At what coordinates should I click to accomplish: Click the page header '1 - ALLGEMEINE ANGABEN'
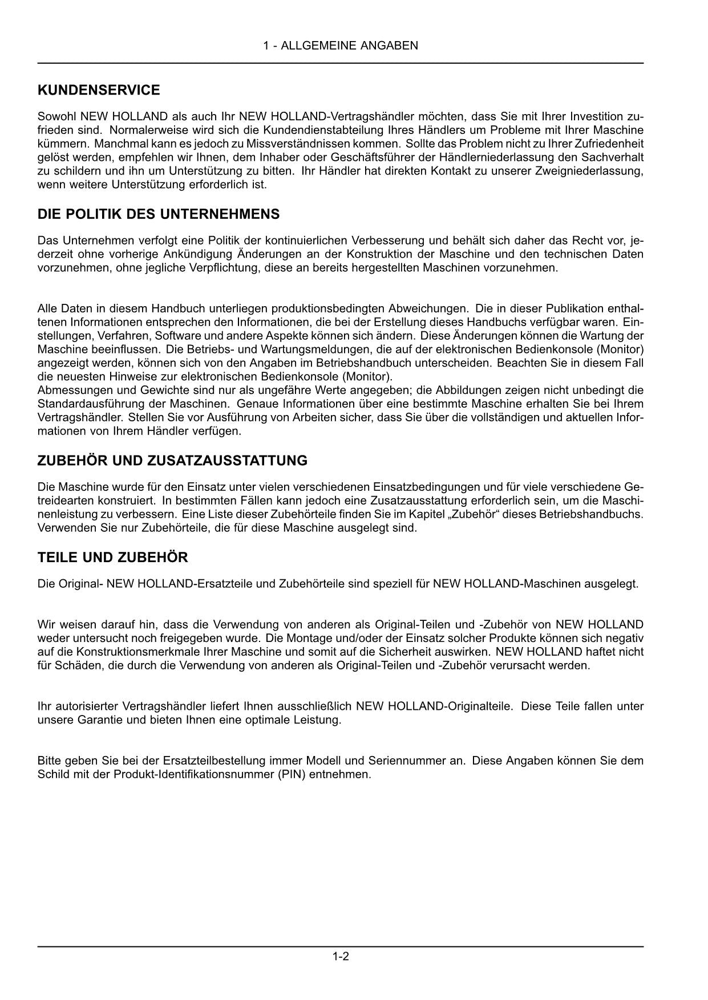pos(341,46)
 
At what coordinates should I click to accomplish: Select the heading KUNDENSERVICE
pos(99,90)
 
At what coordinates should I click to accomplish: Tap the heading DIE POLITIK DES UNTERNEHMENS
pos(159,214)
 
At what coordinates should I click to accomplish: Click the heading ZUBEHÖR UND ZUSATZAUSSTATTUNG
pos(172,461)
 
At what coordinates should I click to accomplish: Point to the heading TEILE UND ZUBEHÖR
pos(112,558)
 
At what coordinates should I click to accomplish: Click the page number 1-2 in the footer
pos(341,957)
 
